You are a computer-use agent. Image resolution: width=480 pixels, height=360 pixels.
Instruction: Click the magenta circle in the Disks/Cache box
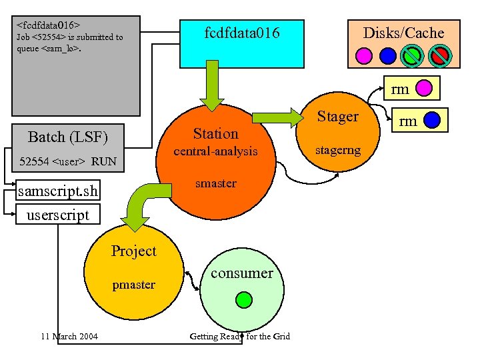tap(364, 55)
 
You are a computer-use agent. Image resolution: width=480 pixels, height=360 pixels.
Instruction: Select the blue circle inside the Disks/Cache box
tap(388, 55)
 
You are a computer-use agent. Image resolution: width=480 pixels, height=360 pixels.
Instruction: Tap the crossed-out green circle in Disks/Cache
tap(413, 55)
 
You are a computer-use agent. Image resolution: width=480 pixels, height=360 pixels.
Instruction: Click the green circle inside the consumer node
tap(245, 299)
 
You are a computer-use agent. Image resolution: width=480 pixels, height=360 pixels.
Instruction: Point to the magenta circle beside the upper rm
tap(425, 88)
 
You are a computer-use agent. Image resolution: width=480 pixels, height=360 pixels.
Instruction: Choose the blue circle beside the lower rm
tap(431, 120)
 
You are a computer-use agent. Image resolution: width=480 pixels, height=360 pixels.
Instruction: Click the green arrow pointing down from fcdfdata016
tap(213, 90)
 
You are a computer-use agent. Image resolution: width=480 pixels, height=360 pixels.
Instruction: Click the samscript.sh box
tap(58, 192)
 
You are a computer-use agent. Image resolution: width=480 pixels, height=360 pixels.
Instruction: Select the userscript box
tap(57, 215)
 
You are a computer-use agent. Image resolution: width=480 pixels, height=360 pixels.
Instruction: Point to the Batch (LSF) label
tap(67, 137)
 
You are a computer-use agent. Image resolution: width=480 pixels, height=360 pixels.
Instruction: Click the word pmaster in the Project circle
tap(133, 285)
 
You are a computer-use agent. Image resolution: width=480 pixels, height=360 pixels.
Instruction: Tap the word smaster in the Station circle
tap(215, 183)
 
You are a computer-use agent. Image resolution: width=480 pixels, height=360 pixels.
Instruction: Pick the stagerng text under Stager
tap(338, 150)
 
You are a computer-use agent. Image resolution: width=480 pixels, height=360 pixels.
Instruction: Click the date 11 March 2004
tap(69, 336)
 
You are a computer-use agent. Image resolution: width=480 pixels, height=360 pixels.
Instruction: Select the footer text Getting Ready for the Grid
tap(239, 336)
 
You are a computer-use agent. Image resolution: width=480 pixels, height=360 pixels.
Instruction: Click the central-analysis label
tap(215, 151)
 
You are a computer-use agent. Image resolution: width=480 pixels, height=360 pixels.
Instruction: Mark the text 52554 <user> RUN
tap(68, 161)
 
